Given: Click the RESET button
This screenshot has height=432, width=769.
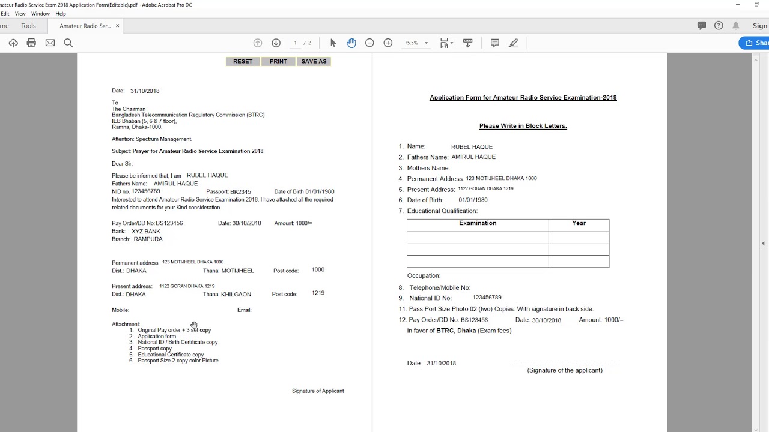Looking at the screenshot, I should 243,61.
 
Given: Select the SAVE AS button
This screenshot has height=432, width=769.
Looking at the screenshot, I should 314,61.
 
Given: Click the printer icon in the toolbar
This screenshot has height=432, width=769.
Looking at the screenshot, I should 31,43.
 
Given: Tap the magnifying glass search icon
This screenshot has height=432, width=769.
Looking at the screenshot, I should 68,43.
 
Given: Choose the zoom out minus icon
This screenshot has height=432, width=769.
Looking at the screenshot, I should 369,43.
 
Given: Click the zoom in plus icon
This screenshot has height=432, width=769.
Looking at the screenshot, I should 388,43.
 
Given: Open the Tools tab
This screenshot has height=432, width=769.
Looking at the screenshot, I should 28,26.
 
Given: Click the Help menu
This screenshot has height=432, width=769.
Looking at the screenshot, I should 61,14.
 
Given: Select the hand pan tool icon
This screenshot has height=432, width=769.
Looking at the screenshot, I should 351,43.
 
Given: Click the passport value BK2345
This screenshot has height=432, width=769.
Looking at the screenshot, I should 240,192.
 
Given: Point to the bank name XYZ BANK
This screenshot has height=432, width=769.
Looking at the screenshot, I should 146,232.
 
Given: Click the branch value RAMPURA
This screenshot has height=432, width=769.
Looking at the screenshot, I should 148,239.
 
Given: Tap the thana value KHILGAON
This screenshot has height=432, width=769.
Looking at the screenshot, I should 236,295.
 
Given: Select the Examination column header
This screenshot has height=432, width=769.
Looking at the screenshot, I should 478,223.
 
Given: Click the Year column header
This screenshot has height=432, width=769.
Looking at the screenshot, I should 579,223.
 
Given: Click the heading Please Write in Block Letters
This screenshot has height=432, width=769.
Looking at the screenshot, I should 523,126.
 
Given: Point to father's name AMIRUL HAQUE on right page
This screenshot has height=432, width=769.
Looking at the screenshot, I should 473,157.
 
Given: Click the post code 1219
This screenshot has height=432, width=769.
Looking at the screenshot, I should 318,293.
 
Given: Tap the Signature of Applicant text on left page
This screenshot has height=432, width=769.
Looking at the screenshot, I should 318,391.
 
